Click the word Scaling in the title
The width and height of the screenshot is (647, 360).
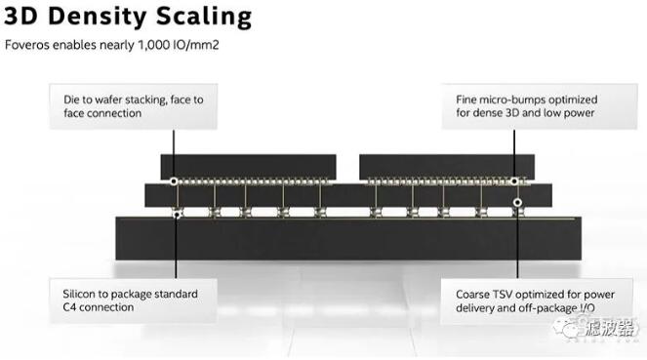[x=204, y=18]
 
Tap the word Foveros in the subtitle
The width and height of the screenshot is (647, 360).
[x=26, y=45]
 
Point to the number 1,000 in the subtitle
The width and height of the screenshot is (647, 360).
[x=152, y=45]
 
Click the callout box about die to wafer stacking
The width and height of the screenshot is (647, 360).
[x=134, y=106]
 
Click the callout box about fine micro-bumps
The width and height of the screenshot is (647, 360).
[x=540, y=106]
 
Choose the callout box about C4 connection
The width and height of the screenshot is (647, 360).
[x=134, y=300]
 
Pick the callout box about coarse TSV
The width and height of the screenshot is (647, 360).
[x=537, y=301]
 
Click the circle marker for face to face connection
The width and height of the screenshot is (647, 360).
[x=174, y=181]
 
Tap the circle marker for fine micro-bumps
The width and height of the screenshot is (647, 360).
[x=514, y=181]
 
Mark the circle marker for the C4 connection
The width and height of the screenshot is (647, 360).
[x=177, y=215]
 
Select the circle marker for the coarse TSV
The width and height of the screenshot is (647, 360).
[x=517, y=202]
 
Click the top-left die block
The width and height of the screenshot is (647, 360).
[x=248, y=167]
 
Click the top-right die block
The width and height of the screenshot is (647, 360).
[x=447, y=167]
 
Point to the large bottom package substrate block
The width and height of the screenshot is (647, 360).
[x=348, y=238]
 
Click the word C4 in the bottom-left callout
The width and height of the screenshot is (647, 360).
[x=69, y=307]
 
